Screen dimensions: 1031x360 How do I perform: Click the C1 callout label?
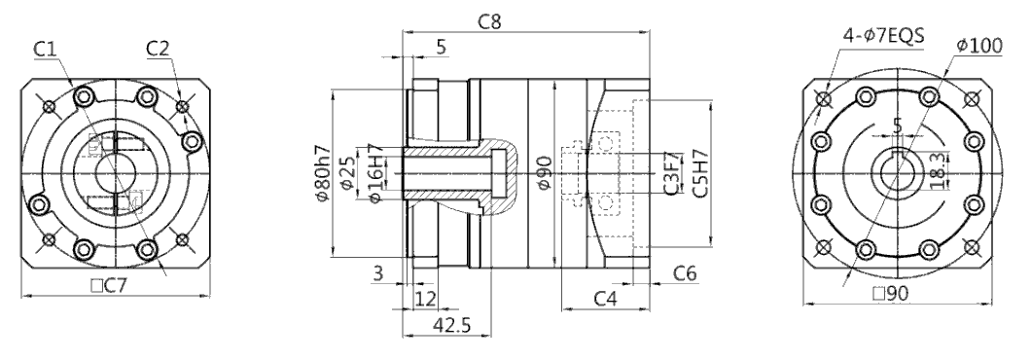46,48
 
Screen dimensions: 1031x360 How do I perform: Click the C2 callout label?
158,48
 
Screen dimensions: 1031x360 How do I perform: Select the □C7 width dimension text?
109,286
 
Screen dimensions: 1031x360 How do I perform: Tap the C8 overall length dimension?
490,21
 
